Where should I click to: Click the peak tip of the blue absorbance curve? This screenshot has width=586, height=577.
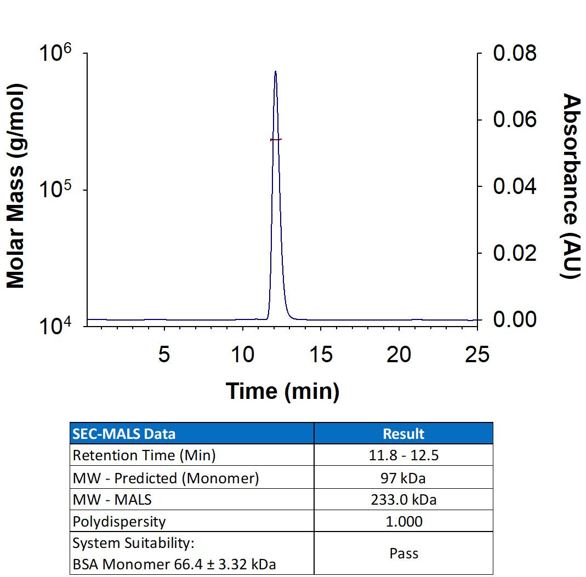(x=275, y=71)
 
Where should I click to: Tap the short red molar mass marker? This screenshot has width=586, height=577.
(x=276, y=140)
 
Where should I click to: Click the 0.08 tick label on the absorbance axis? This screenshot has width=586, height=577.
(x=515, y=54)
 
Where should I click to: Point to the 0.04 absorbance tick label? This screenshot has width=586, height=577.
(x=515, y=186)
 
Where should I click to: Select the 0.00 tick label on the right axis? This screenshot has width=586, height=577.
(x=515, y=319)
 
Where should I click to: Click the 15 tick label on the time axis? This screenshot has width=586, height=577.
(x=321, y=355)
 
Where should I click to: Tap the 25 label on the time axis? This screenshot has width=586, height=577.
(x=476, y=355)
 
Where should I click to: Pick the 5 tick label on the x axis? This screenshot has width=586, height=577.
(x=164, y=355)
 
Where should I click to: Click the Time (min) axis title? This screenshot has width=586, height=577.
(x=282, y=391)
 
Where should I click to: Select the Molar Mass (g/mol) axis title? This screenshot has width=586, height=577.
(x=16, y=186)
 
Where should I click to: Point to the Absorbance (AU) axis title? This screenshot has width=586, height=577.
(x=571, y=186)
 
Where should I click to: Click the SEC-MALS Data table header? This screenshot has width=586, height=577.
(x=124, y=434)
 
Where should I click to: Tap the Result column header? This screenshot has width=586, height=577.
(x=403, y=434)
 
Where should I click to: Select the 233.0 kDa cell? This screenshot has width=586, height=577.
(x=403, y=500)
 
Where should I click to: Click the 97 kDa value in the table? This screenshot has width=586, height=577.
(x=403, y=478)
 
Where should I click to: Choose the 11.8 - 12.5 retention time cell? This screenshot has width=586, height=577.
(x=403, y=455)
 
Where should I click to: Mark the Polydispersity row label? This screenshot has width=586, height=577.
(x=119, y=521)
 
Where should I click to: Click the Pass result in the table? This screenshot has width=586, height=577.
(x=403, y=553)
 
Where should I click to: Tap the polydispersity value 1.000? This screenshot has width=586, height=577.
(x=403, y=521)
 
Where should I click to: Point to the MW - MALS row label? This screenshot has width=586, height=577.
(x=112, y=500)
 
